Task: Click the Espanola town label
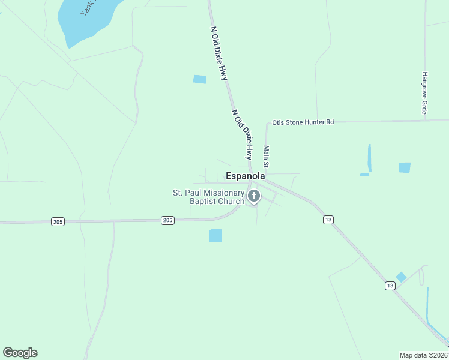coord(245,176)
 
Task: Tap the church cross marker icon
coord(254,196)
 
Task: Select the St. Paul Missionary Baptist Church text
coord(208,197)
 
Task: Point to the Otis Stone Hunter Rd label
coord(303,122)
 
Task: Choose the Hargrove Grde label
coord(424,93)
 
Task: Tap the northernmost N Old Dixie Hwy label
coord(219,53)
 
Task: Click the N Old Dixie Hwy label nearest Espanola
coord(241,134)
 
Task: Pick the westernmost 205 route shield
coord(57,222)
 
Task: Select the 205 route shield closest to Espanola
coord(167,221)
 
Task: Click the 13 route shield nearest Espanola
coord(328,220)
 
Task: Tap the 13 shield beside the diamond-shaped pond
coord(390,286)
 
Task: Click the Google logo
coord(20,353)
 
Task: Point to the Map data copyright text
coord(423,355)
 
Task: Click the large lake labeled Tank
coord(84,21)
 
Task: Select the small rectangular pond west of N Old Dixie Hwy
coord(200,79)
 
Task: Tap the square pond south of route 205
coord(215,236)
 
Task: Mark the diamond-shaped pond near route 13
coord(401,277)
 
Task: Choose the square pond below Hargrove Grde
coord(405,167)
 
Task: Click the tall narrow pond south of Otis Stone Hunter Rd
coord(369,157)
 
